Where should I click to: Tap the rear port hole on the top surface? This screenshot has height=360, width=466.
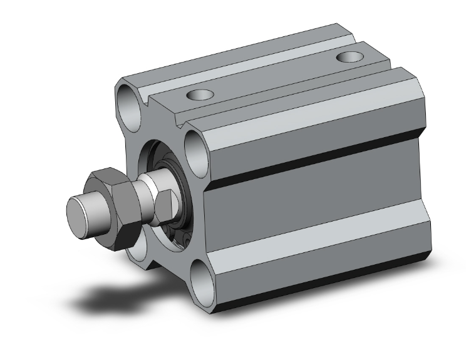click(348, 58)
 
